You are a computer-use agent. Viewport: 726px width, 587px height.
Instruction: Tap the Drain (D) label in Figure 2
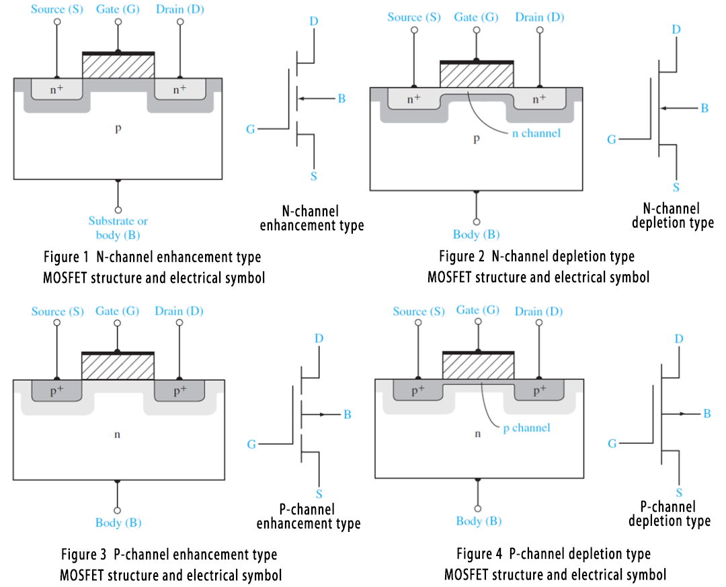(x=539, y=17)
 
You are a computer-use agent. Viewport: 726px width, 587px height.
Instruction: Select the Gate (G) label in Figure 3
(x=117, y=312)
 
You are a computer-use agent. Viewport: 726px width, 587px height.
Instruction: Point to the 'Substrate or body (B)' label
(x=118, y=228)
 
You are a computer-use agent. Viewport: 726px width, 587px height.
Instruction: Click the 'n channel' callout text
(x=536, y=134)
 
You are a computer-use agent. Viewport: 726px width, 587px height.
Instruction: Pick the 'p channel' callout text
(x=526, y=428)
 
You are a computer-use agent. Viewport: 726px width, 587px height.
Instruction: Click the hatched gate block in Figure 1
(x=118, y=66)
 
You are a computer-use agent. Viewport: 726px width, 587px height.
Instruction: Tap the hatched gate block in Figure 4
(x=478, y=367)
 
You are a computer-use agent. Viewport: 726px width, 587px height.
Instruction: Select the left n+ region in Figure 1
(x=56, y=89)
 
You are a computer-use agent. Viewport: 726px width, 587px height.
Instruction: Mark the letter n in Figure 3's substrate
(x=117, y=435)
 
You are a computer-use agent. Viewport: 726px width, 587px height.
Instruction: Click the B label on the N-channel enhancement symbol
(x=341, y=99)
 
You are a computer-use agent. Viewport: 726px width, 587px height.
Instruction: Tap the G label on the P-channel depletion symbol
(x=612, y=444)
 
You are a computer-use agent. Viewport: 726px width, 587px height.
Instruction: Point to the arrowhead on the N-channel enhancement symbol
(x=301, y=99)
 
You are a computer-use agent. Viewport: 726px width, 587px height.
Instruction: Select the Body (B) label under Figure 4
(x=478, y=521)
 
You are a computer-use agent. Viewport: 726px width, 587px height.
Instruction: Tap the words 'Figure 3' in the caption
(x=84, y=555)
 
